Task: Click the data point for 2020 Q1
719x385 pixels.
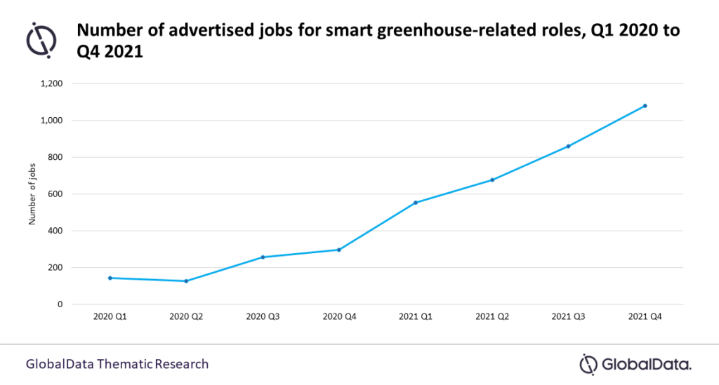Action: point(110,278)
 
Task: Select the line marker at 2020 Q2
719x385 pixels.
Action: point(186,281)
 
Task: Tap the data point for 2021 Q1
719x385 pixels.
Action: point(416,203)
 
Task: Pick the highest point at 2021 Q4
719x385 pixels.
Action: point(645,106)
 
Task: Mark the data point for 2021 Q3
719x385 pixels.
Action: point(568,146)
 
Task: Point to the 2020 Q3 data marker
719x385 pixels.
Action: point(263,257)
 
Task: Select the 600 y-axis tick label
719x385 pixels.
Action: point(57,194)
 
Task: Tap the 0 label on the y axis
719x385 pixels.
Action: point(61,304)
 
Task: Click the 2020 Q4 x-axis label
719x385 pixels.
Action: point(339,317)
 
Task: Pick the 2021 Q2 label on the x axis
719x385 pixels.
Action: point(492,317)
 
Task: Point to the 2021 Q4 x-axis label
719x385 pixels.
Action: point(645,317)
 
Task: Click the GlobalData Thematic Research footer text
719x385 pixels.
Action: point(117,364)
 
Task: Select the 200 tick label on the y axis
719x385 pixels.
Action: point(57,268)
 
